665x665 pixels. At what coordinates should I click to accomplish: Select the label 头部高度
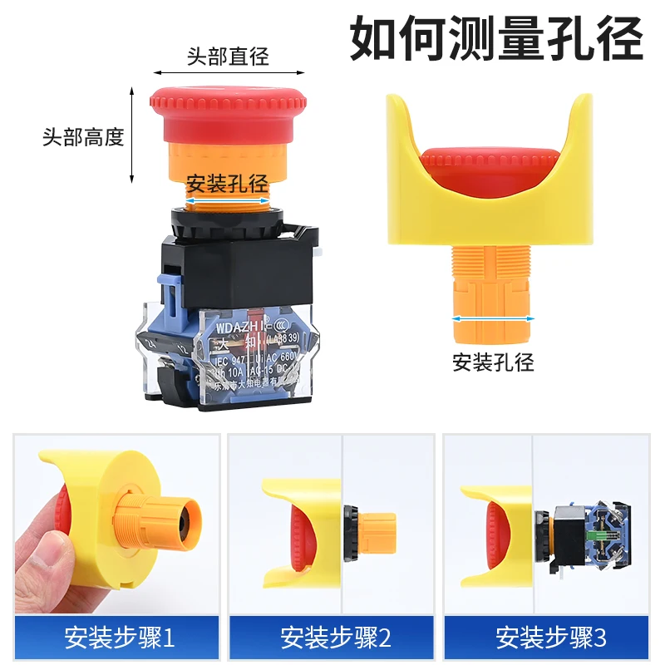click(83, 136)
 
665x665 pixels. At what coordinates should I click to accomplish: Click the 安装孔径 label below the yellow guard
click(493, 362)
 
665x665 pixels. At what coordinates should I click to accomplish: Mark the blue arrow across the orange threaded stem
click(493, 318)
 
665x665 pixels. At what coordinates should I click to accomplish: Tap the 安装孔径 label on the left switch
click(225, 184)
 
